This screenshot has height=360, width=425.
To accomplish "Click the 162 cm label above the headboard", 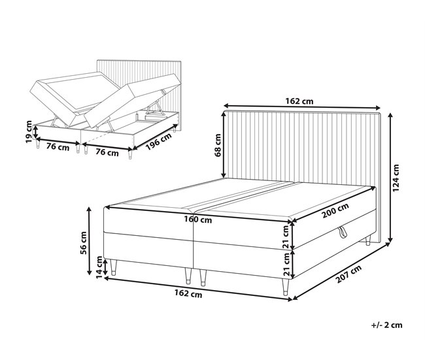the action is click(x=299, y=101).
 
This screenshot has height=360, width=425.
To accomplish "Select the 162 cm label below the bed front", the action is click(x=188, y=293).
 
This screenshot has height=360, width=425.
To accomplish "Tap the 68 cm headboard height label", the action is click(x=218, y=145).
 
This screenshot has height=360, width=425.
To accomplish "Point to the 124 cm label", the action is click(x=396, y=178).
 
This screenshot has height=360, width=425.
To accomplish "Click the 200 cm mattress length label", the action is click(x=335, y=210).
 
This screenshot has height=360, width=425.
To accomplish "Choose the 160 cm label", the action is click(x=198, y=220).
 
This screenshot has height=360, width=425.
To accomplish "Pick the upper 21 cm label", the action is click(x=286, y=237).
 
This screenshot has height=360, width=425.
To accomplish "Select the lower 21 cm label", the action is click(x=286, y=264).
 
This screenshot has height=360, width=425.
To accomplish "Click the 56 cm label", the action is click(x=84, y=242).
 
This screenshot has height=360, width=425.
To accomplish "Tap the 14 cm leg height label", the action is click(x=99, y=267).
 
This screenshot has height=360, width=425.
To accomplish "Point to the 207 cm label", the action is click(x=349, y=274).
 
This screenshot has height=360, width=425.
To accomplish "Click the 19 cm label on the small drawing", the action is click(x=29, y=131).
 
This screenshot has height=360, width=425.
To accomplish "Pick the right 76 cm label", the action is click(x=107, y=152).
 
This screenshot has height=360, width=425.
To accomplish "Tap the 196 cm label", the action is click(x=159, y=142).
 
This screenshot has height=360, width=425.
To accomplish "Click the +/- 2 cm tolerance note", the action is click(x=387, y=325).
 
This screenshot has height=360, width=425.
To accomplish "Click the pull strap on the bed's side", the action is click(x=343, y=233).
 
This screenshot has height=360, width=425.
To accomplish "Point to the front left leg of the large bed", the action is click(x=113, y=267).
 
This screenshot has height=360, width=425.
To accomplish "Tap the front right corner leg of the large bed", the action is click(x=286, y=287).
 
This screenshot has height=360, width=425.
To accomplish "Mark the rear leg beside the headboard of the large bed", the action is click(x=368, y=240).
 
